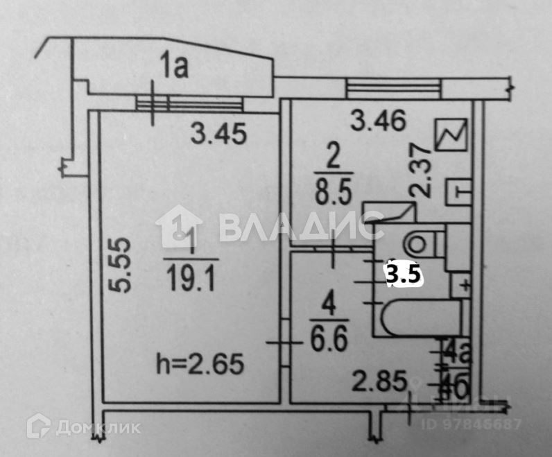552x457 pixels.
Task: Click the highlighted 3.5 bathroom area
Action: coord(404,274)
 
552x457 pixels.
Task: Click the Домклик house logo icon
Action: coord(38,425)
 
